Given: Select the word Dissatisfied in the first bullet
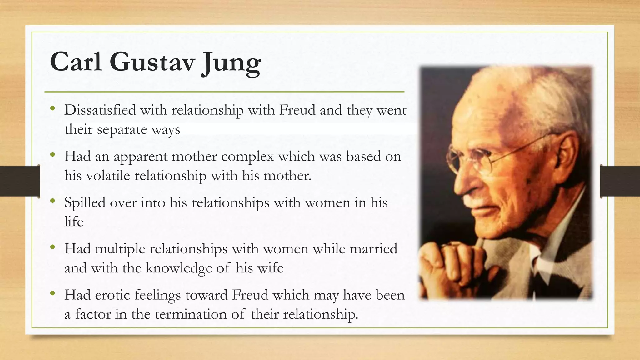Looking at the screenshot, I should pyautogui.click(x=100, y=110).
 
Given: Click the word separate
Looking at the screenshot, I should pyautogui.click(x=122, y=129).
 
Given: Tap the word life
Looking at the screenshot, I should pyautogui.click(x=74, y=222).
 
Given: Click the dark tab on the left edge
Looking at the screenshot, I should pyautogui.click(x=20, y=181).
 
